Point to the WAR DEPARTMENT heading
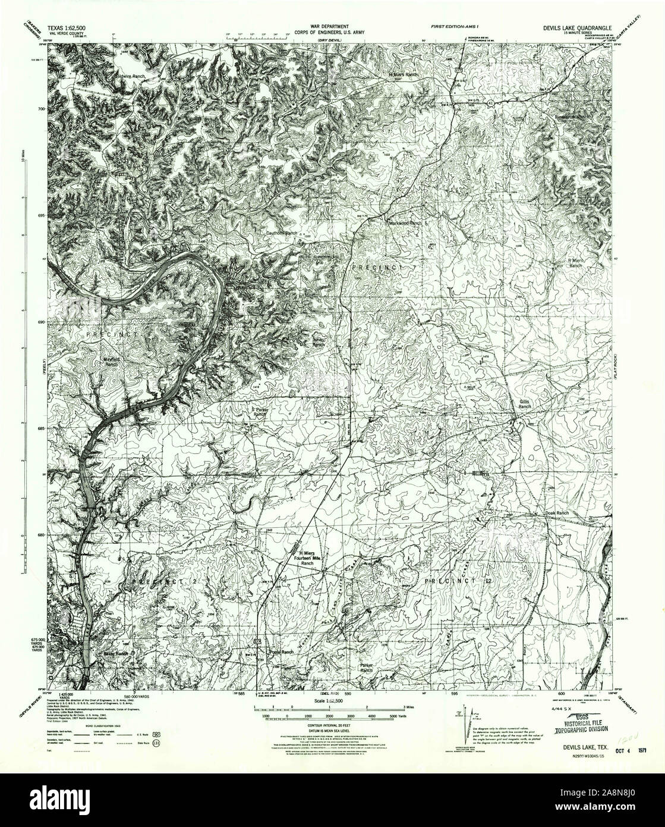(x=320, y=27)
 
